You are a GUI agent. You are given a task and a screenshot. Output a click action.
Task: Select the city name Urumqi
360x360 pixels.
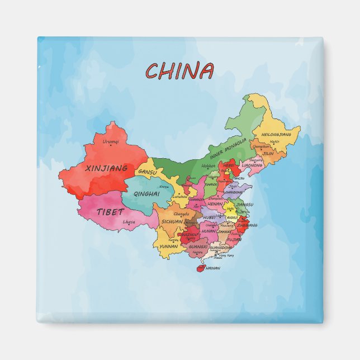tap(111, 142)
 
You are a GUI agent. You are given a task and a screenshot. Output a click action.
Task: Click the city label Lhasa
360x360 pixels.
tap(129, 222)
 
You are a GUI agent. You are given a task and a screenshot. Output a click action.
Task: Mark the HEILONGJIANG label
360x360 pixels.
tap(276, 135)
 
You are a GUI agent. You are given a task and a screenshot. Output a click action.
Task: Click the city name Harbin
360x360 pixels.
tap(274, 142)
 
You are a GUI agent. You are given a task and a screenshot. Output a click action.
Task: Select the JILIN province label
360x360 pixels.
tap(268, 153)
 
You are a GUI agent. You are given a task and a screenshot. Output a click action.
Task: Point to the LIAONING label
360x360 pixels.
tap(252, 165)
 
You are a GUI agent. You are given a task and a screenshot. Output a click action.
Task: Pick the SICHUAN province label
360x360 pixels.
tap(172, 221)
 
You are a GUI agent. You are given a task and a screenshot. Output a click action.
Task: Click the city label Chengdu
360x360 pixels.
tap(181, 214)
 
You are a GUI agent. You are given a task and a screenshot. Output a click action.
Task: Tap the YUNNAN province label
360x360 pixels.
tap(168, 246)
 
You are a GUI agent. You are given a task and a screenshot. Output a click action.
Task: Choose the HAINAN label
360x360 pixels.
tap(213, 268)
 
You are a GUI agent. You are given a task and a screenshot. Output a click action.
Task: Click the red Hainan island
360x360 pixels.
tap(200, 268)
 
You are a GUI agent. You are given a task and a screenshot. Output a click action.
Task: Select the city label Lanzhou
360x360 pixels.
tap(180, 197)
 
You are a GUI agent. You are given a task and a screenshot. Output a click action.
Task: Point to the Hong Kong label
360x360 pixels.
tap(226, 255)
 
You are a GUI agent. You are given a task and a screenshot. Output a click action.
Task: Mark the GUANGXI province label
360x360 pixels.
tap(198, 246)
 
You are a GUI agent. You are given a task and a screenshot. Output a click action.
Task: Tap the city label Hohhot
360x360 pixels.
tap(209, 165)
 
